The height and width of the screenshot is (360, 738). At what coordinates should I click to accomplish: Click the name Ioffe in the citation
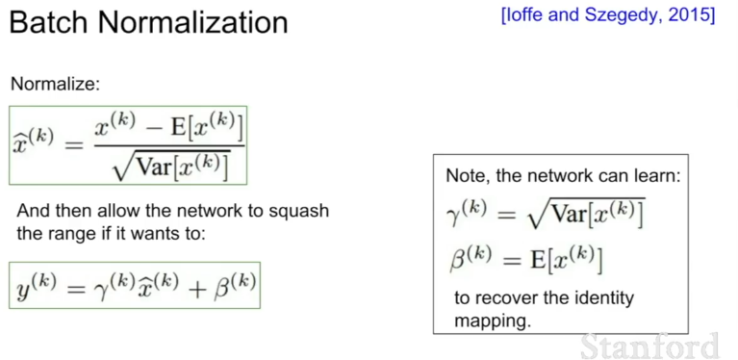point(521,15)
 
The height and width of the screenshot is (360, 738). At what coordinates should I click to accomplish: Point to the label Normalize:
point(56,85)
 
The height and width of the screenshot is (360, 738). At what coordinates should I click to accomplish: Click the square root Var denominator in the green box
point(171,167)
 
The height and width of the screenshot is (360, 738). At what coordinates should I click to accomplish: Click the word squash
point(299,212)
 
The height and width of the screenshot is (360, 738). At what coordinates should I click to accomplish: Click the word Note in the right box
point(464,175)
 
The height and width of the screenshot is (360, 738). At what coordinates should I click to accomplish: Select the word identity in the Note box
point(605,298)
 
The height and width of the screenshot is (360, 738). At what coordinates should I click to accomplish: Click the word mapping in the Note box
point(492,321)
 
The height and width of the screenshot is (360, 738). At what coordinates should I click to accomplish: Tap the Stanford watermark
point(650,347)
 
